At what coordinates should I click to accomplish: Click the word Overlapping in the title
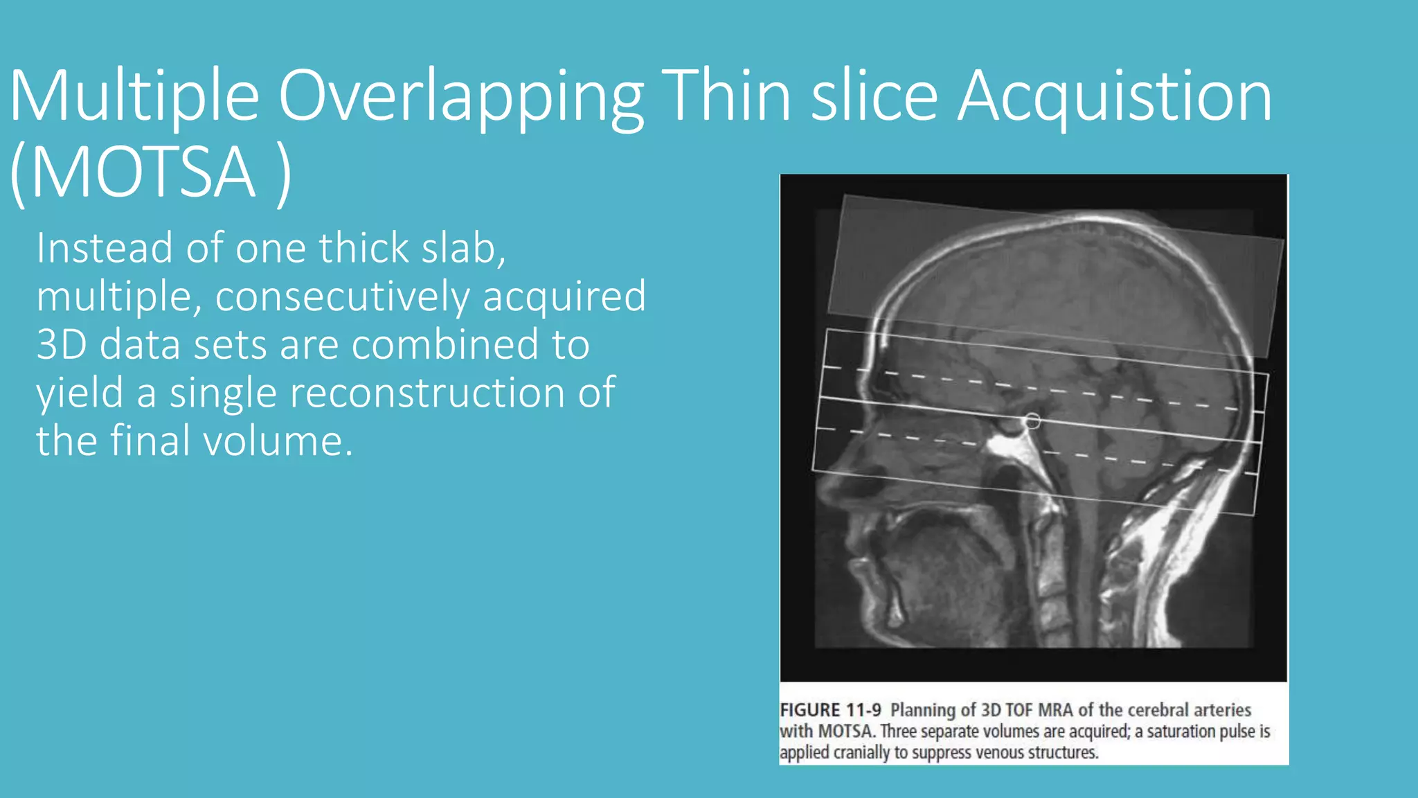[x=460, y=97]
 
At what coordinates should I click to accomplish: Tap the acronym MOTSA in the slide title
[x=143, y=172]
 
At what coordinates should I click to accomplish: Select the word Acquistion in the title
[x=1114, y=97]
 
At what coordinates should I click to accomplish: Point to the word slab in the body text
[x=463, y=248]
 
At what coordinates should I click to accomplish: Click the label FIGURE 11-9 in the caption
[x=830, y=710]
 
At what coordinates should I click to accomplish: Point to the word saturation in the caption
[x=1181, y=731]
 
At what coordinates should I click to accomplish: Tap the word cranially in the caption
[x=861, y=752]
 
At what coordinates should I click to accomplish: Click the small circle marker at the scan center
[x=1032, y=420]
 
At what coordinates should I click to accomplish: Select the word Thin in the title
[x=726, y=97]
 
